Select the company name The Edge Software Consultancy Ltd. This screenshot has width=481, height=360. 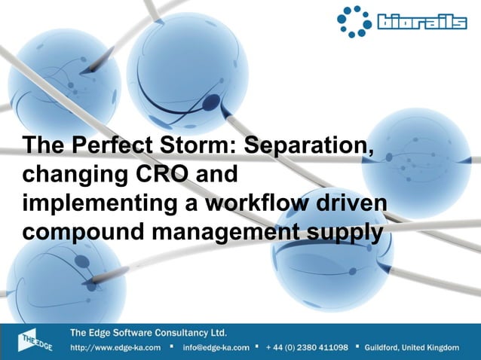tap(149, 332)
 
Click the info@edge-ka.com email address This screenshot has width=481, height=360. tap(216, 348)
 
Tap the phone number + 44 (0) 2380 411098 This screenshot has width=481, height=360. tap(307, 348)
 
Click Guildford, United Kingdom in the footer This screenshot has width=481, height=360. tap(411, 348)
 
